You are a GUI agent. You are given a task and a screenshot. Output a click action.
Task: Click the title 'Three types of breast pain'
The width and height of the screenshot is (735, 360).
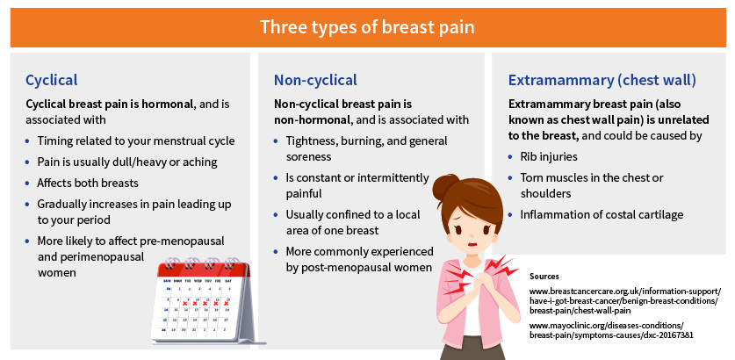(367, 27)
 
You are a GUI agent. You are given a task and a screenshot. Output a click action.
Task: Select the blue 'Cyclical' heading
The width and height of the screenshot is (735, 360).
(52, 80)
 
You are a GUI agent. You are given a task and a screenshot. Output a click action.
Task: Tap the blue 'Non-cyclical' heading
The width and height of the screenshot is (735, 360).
(315, 80)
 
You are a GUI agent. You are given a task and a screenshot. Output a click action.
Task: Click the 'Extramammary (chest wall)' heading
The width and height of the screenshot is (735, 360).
(602, 80)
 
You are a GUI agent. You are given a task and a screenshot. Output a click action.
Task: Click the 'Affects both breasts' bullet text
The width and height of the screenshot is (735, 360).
(88, 183)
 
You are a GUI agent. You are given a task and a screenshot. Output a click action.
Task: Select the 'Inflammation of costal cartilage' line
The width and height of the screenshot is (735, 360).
(602, 215)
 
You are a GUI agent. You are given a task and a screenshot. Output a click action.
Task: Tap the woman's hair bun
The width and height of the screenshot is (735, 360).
(442, 186)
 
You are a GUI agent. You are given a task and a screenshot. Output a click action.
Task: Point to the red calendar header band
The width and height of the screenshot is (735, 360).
(204, 270)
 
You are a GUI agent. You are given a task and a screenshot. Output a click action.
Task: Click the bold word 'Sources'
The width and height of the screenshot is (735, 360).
(544, 277)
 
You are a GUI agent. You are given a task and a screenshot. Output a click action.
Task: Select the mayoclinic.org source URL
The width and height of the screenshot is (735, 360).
(611, 330)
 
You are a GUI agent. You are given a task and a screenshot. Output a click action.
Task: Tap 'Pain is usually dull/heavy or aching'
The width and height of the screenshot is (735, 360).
(127, 162)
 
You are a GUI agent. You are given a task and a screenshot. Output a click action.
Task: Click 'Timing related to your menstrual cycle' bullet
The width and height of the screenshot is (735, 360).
(136, 141)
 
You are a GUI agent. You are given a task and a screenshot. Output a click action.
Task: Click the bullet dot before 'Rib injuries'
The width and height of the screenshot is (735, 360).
(510, 156)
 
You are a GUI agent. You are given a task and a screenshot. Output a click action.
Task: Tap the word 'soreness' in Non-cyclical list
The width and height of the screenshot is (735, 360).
(309, 156)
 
